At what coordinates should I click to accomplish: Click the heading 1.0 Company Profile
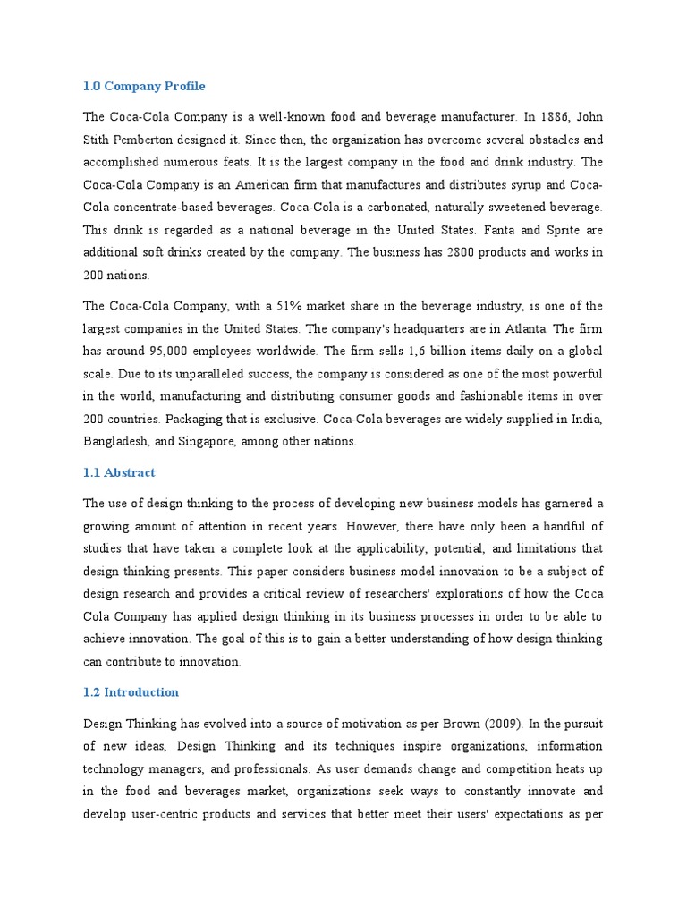tap(144, 87)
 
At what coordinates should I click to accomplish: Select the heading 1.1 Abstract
tap(119, 472)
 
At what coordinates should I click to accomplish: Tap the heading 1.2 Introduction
tap(131, 692)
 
